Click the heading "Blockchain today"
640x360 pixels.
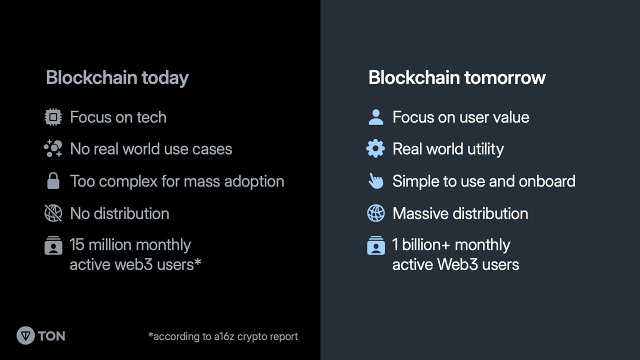(x=117, y=77)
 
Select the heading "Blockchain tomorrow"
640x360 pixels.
(x=457, y=77)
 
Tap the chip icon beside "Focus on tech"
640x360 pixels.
(x=53, y=117)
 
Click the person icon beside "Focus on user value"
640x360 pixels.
(x=376, y=117)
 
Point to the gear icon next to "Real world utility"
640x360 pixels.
(x=375, y=148)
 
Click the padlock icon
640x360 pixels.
(x=53, y=180)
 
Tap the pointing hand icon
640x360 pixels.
(x=375, y=181)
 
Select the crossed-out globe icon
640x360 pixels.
(x=53, y=213)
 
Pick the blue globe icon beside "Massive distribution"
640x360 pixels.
(x=375, y=213)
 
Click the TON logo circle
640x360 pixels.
(x=25, y=335)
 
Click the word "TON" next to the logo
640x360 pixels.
(x=51, y=336)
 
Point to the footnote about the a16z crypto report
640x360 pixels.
(x=223, y=336)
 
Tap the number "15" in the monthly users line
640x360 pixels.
(x=77, y=245)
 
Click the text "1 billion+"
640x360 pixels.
(x=421, y=244)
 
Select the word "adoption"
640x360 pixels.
(x=254, y=181)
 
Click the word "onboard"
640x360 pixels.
(x=547, y=181)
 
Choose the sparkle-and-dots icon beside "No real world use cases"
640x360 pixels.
(x=53, y=148)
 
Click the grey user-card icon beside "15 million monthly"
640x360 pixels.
(x=53, y=245)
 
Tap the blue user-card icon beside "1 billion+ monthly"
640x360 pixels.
(x=375, y=245)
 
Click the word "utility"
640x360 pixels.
(x=485, y=149)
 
